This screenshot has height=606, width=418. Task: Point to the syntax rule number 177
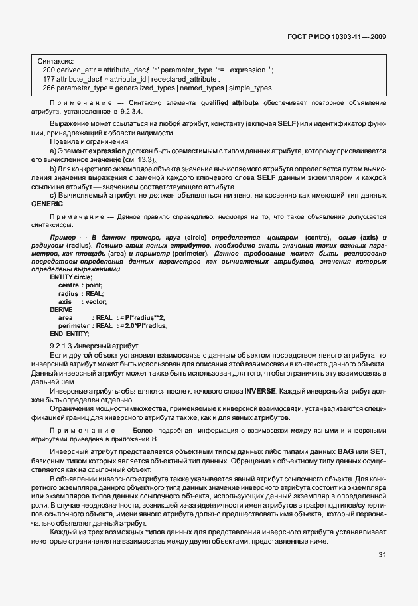48,78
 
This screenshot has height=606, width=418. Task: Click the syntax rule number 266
48,88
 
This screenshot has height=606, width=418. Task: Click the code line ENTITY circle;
72,277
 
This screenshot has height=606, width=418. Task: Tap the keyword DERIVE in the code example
62,309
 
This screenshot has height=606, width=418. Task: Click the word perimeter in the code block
73,325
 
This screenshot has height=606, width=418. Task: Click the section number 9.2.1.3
63,346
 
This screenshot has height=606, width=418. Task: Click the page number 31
383,554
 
